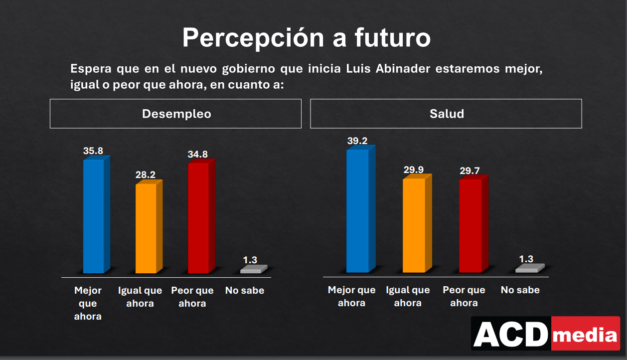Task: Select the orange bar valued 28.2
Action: (146, 228)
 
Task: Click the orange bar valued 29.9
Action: (414, 225)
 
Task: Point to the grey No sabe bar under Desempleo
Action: (251, 270)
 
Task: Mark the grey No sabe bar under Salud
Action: (527, 269)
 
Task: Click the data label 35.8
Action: (93, 151)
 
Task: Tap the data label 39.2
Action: (357, 141)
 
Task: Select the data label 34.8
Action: (198, 155)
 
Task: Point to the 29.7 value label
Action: (470, 171)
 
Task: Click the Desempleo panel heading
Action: (176, 114)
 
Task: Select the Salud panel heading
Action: (447, 114)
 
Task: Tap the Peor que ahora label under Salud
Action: (464, 296)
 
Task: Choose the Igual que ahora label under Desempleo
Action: (140, 297)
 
